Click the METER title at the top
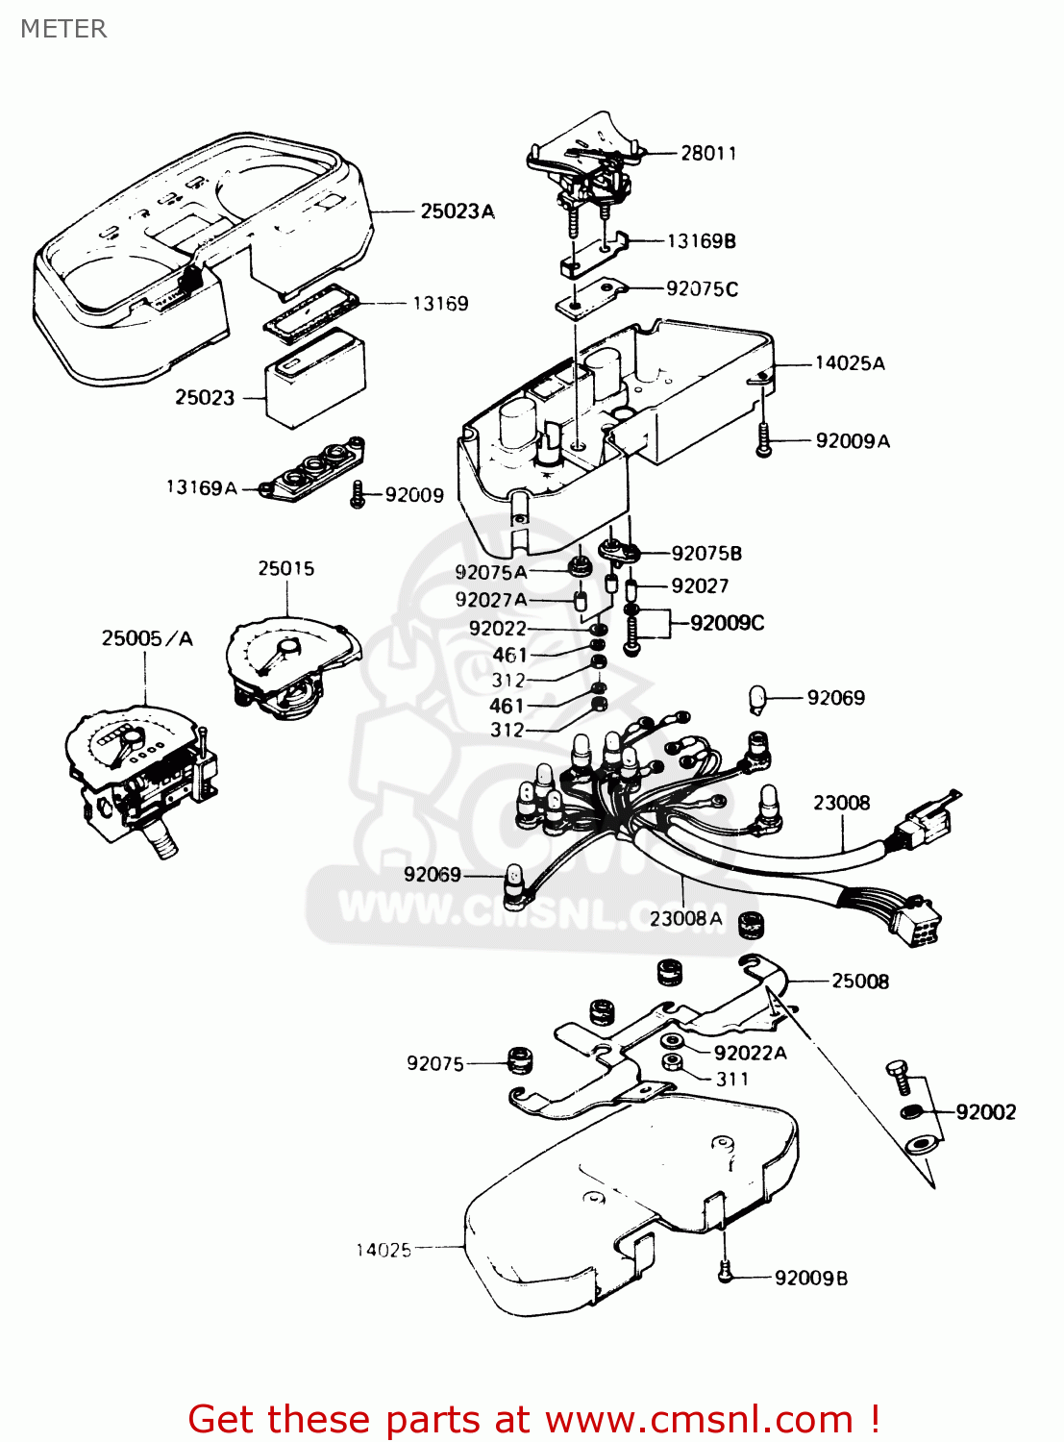(x=63, y=29)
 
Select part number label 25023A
(x=457, y=211)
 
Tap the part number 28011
(x=708, y=153)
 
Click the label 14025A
(x=850, y=363)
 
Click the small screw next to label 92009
(x=358, y=495)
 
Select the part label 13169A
(x=201, y=488)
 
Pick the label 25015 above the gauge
(x=285, y=569)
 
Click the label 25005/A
(x=147, y=638)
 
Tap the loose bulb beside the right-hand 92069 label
(x=757, y=700)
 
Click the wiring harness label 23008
(x=841, y=803)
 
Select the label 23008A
(x=685, y=919)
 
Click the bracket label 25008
(x=860, y=982)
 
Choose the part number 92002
(x=985, y=1112)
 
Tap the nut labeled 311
(x=673, y=1062)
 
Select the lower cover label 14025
(x=383, y=1251)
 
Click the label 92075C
(x=702, y=289)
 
